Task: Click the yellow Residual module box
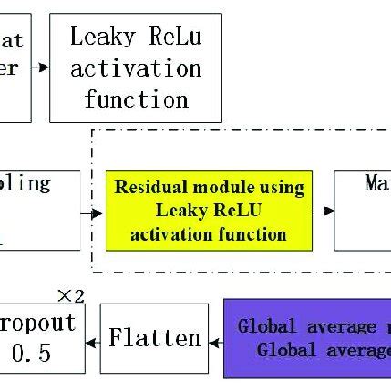(x=209, y=211)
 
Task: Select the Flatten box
(x=155, y=339)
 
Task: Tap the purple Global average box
(x=308, y=338)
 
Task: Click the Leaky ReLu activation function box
(x=136, y=67)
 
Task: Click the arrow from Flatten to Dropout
(x=91, y=343)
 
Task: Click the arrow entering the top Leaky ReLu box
(x=40, y=67)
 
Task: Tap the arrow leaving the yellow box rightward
(x=324, y=211)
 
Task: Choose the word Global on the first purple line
(x=265, y=326)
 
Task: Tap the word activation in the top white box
(x=136, y=68)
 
